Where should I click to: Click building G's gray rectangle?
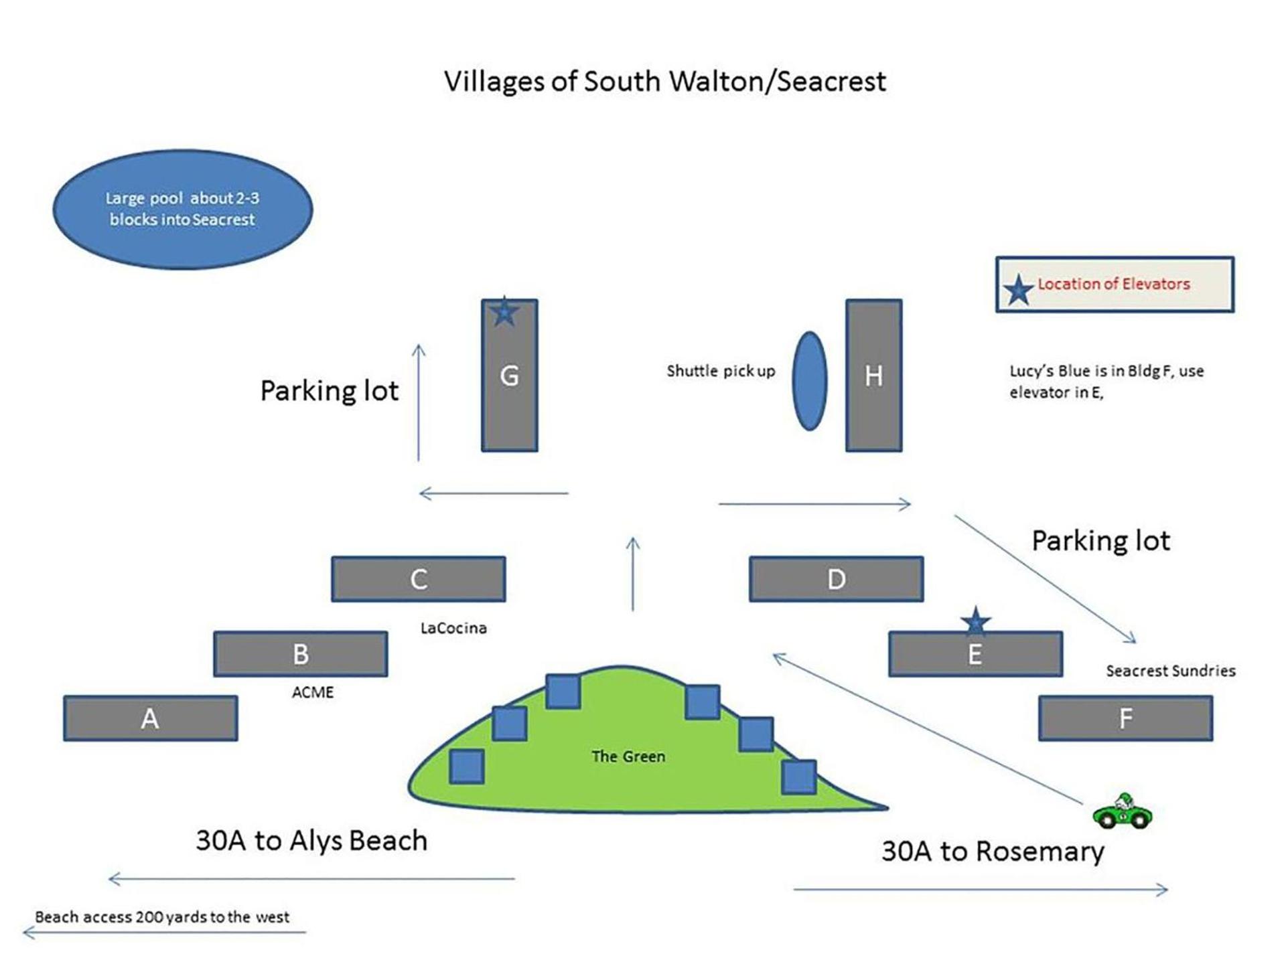click(x=509, y=395)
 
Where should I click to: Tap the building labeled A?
click(x=150, y=718)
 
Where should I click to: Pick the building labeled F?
click(x=1125, y=718)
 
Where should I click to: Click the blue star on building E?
click(x=976, y=621)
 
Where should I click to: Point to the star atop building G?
click(x=504, y=312)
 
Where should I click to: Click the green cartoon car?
click(x=1123, y=811)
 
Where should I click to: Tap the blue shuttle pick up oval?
click(x=809, y=381)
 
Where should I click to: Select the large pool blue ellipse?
click(x=182, y=209)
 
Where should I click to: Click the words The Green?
click(x=628, y=756)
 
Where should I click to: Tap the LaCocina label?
click(x=453, y=628)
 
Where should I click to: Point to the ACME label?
click(x=313, y=692)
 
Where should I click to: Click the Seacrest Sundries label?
click(x=1170, y=671)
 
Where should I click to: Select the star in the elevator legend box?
click(x=1018, y=290)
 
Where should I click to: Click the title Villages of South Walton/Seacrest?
click(x=664, y=82)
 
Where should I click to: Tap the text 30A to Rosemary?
click(x=992, y=852)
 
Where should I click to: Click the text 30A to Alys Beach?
click(x=311, y=841)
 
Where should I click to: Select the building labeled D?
click(x=836, y=579)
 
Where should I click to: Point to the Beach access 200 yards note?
click(x=162, y=917)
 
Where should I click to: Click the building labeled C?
click(x=418, y=579)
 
